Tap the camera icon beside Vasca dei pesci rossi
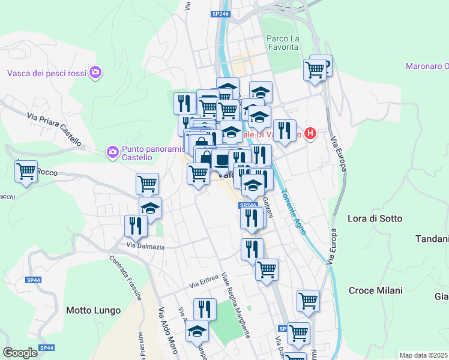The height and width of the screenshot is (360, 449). pyautogui.click(x=95, y=73)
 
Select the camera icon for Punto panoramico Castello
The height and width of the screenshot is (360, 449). pyautogui.click(x=112, y=152)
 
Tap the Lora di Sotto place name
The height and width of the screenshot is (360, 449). pyautogui.click(x=375, y=218)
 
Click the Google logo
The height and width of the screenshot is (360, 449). pyautogui.click(x=20, y=353)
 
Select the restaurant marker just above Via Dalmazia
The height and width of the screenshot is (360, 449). pyautogui.click(x=136, y=226)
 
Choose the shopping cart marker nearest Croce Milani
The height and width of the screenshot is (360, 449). pyautogui.click(x=308, y=300)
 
